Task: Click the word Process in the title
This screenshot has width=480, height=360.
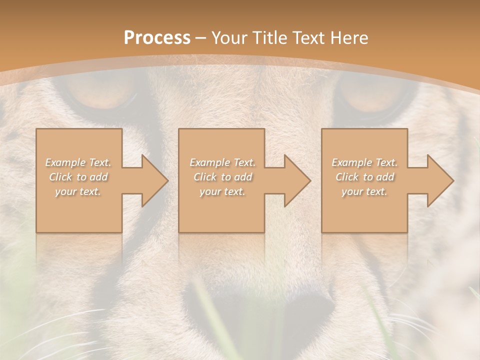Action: click(157, 38)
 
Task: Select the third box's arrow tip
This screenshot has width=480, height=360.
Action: click(452, 180)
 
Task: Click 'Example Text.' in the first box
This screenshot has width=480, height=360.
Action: click(78, 162)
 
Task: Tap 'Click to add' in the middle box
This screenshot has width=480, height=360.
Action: click(222, 177)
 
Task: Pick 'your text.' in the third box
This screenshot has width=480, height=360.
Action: click(364, 191)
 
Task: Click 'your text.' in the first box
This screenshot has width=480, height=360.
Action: click(78, 191)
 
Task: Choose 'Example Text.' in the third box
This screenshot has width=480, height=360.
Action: click(364, 162)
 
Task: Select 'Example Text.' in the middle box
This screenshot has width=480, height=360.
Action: click(222, 162)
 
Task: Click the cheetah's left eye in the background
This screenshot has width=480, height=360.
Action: click(102, 95)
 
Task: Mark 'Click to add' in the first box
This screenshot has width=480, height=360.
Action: click(78, 177)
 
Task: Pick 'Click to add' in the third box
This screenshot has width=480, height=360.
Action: click(364, 177)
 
